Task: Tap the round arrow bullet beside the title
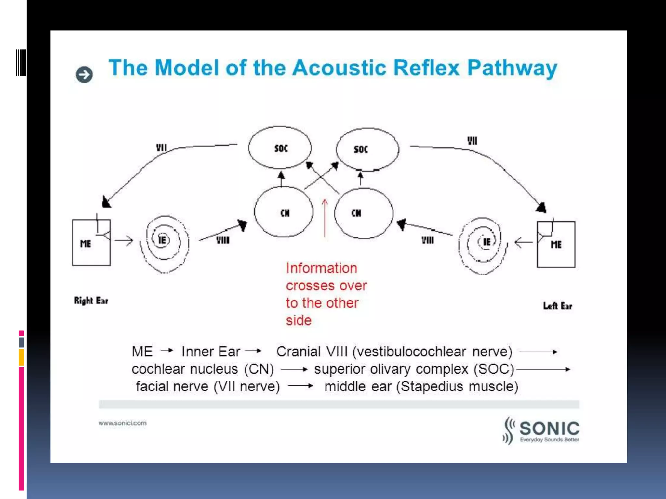[x=84, y=75]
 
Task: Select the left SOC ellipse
[x=280, y=148]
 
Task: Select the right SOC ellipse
[x=367, y=149]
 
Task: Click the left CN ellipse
[x=284, y=212]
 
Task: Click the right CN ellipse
[x=363, y=213]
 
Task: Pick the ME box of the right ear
[x=91, y=243]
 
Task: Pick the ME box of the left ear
[x=556, y=245]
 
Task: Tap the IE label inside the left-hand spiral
[x=162, y=240]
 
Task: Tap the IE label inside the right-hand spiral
[x=486, y=242]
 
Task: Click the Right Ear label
[x=91, y=301]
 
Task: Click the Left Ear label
[x=557, y=306]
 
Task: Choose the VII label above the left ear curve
[x=472, y=141]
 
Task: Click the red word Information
[x=321, y=268]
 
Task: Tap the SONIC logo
[x=541, y=430]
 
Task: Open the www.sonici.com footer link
[x=123, y=423]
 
